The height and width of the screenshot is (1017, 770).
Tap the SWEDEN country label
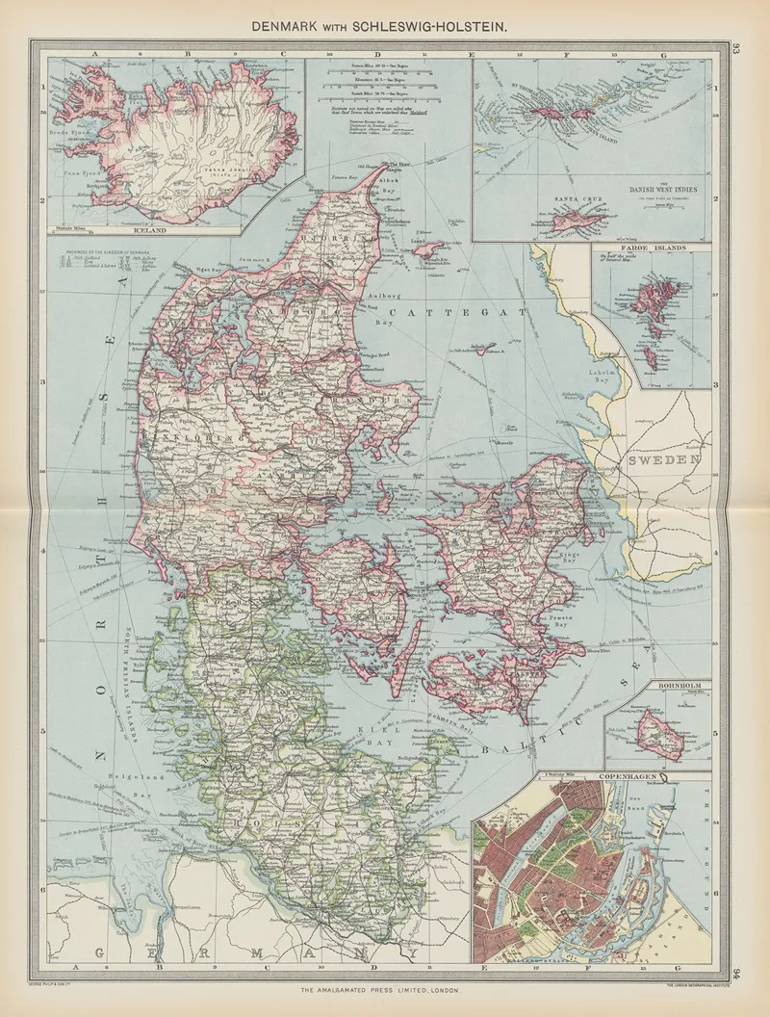(x=665, y=460)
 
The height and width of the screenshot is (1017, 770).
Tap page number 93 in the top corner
(x=734, y=50)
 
